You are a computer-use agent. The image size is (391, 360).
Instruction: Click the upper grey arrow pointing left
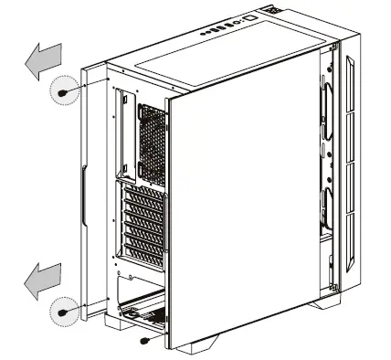point(41,62)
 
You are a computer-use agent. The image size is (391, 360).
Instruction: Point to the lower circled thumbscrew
point(63,312)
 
